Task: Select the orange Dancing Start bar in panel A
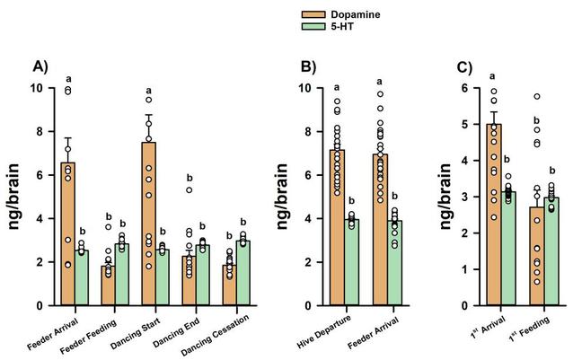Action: (150, 224)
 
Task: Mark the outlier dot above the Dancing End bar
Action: (190, 190)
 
